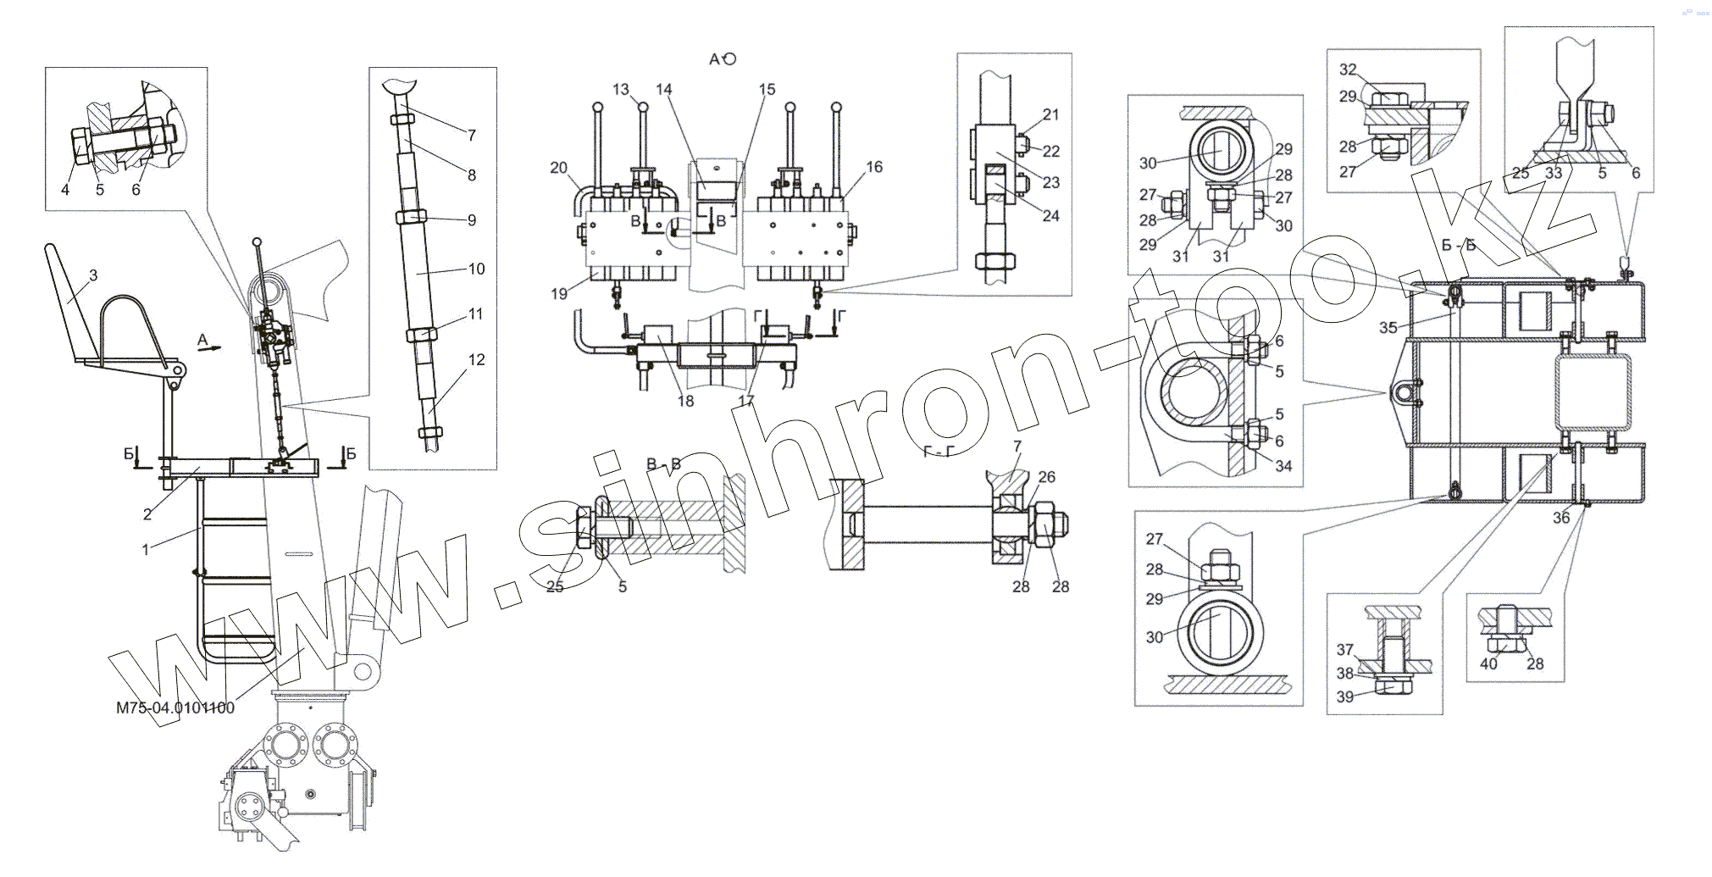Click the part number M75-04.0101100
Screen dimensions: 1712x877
click(175, 708)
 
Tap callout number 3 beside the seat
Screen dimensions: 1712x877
click(93, 275)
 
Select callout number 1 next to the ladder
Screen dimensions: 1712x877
click(146, 549)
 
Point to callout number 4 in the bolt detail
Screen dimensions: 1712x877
click(65, 190)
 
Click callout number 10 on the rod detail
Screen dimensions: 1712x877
click(476, 269)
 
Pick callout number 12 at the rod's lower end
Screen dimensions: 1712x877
click(476, 359)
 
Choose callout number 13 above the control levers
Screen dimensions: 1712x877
click(621, 90)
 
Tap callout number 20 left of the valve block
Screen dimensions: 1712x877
click(558, 168)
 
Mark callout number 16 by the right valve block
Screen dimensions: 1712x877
click(874, 167)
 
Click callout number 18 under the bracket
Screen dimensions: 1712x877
click(684, 401)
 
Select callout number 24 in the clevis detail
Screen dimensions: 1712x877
click(1050, 216)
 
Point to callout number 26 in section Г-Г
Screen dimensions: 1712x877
click(1046, 477)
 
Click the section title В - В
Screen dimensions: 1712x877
click(663, 464)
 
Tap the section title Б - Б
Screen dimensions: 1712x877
click(1459, 246)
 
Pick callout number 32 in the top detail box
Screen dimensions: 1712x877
click(1348, 69)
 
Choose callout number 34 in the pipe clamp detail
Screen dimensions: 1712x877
click(1283, 466)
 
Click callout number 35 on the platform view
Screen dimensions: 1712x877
click(1388, 328)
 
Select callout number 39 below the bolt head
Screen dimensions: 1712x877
click(1344, 697)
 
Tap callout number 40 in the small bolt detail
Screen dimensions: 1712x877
click(1488, 663)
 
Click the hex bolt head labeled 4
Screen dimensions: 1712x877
click(81, 147)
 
